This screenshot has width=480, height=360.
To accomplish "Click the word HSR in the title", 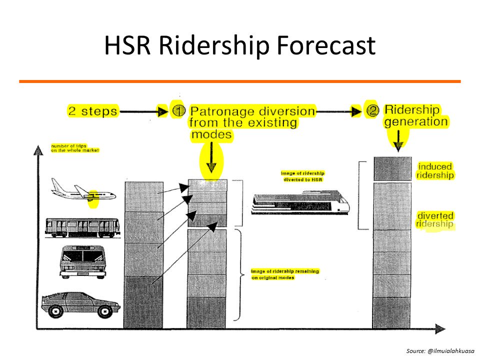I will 128,46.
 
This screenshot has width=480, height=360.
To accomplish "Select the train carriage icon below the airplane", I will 82,227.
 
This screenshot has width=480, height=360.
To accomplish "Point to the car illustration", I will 80,302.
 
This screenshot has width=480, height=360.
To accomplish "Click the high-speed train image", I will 300,203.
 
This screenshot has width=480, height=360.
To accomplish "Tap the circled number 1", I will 178,110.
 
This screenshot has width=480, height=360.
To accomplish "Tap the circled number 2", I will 372,110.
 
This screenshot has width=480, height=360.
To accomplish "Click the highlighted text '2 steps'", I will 92,111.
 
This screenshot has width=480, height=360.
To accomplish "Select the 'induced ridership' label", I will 435,171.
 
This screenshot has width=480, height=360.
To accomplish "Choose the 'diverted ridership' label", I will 435,220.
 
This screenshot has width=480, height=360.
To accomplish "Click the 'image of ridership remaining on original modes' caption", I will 284,274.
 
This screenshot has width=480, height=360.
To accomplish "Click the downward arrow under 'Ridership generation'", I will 398,140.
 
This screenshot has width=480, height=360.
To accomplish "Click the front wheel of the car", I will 104,311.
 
